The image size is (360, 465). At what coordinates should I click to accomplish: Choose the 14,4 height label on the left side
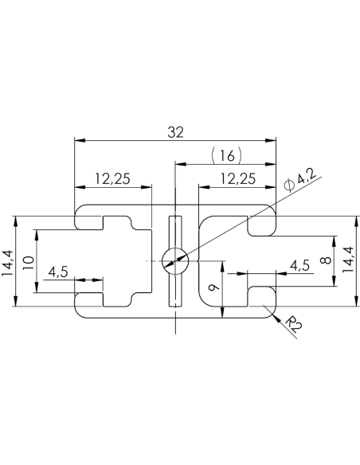(x=8, y=260)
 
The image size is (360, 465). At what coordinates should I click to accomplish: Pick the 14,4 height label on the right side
(x=349, y=260)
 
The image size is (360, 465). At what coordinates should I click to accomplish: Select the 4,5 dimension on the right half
(x=299, y=264)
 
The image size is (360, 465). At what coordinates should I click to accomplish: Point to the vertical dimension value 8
(x=323, y=260)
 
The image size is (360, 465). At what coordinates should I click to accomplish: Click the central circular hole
(x=174, y=260)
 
